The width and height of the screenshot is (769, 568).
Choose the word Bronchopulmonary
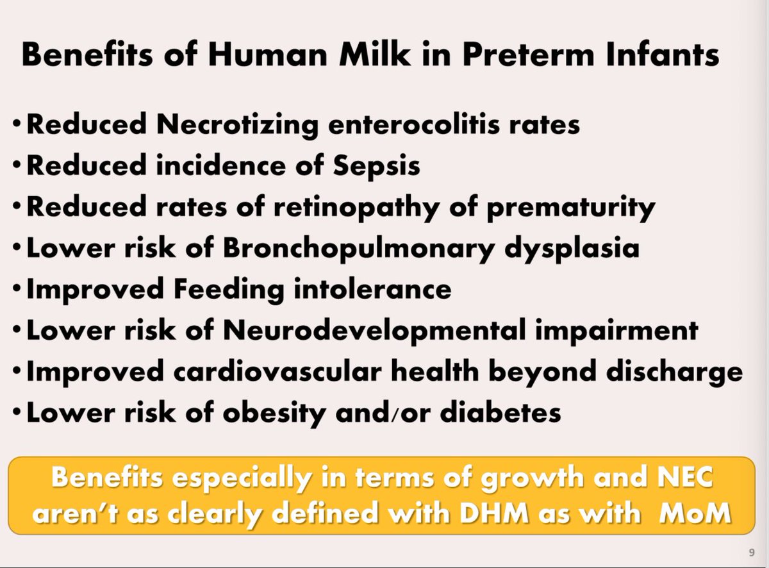[359, 248]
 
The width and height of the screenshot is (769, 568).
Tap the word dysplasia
[570, 248]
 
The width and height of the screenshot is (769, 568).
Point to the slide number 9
[751, 553]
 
